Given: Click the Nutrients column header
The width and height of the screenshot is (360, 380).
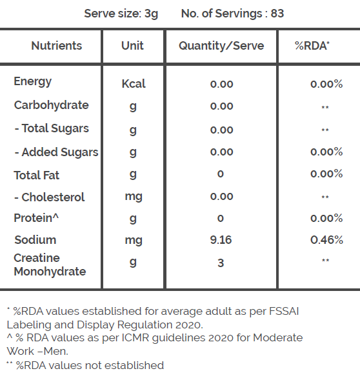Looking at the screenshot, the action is point(57,46).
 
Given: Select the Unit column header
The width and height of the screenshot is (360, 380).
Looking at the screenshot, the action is point(132,46).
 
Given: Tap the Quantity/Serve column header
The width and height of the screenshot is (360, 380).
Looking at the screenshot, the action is point(221,46).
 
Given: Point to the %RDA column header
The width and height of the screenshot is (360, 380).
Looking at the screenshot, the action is point(312,46).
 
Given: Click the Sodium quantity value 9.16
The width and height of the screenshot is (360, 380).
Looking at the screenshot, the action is point(221,240).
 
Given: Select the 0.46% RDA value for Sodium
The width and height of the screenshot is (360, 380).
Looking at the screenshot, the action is point(326,240).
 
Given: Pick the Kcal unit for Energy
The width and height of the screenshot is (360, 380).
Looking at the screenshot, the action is point(134,84).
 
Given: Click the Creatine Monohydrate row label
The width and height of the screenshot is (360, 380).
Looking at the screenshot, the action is point(50,265).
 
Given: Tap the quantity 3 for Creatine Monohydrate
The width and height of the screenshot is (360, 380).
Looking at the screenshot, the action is point(221,263).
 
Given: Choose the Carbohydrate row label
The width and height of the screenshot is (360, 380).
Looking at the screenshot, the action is point(52,105).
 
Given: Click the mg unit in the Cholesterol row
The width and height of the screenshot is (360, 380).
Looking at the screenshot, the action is point(134,197).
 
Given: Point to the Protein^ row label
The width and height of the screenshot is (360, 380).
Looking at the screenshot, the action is point(36,217).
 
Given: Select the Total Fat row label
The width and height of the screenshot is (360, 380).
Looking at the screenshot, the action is point(36,175).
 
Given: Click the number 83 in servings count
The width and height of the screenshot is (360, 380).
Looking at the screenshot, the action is point(277,14).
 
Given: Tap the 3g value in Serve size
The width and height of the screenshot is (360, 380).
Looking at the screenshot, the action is point(151,14).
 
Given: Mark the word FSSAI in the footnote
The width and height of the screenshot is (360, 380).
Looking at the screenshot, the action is point(284,311).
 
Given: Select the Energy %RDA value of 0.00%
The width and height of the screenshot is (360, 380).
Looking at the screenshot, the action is point(326,84).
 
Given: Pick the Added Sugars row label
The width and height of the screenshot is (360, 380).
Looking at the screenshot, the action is point(57,152).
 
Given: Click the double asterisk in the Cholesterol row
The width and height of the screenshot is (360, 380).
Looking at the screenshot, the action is point(325,197).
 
